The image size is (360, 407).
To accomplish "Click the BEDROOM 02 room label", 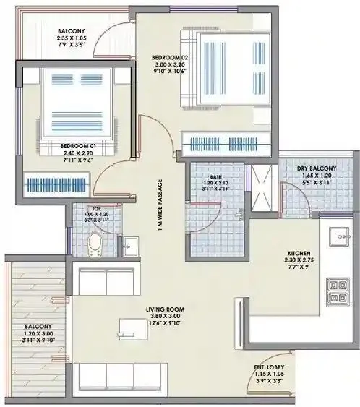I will point(170,56).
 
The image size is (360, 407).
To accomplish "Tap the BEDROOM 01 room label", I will point(78,145).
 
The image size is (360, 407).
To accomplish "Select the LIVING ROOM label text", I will point(161,309).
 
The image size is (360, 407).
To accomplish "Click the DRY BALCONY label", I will point(317,168).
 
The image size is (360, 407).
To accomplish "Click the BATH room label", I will point(215,176).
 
